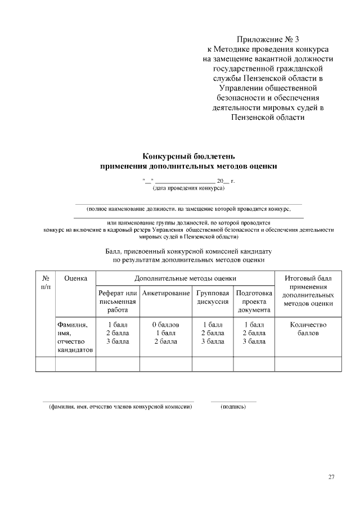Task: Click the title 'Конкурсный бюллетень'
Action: click(188, 156)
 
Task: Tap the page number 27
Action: click(331, 477)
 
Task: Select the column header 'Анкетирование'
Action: click(166, 294)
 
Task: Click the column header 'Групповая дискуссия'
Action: click(213, 298)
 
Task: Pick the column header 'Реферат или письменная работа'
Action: click(118, 301)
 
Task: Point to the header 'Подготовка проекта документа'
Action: click(254, 301)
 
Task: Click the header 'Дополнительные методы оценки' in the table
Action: click(185, 278)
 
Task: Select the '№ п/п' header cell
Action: click(46, 282)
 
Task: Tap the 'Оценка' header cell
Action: click(75, 278)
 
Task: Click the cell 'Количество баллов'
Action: click(308, 329)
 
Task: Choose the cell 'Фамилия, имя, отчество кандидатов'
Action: click(75, 337)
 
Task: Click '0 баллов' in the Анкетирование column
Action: click(166, 325)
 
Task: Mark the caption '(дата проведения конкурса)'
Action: click(188, 188)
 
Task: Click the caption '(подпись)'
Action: click(233, 406)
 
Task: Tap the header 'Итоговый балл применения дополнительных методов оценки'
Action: click(308, 291)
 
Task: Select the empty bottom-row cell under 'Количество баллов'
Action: click(308, 364)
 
